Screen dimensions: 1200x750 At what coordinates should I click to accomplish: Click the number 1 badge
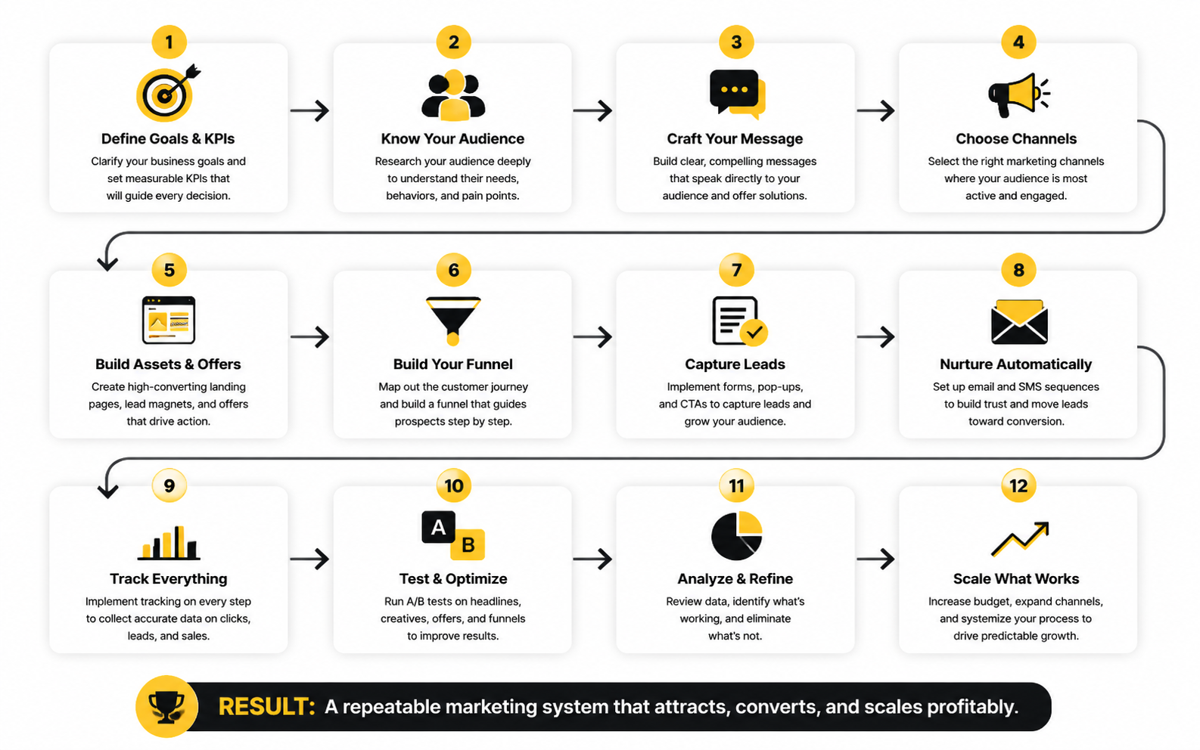(x=169, y=42)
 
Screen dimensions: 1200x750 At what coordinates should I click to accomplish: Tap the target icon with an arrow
(x=167, y=93)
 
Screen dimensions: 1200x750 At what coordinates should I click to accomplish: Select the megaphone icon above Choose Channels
(x=1018, y=95)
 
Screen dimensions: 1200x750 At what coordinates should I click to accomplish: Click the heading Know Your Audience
(x=452, y=138)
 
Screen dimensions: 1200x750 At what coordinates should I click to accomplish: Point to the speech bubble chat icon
(x=737, y=94)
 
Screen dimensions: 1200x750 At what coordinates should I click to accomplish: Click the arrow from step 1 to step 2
(x=309, y=111)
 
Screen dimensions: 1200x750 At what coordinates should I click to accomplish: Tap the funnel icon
(x=453, y=321)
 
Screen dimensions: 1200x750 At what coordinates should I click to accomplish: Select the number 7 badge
(x=736, y=269)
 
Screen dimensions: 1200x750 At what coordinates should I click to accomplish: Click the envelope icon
(x=1019, y=321)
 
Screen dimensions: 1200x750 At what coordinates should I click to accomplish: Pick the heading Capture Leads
(x=735, y=364)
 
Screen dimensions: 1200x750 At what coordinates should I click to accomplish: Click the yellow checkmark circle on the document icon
(x=754, y=333)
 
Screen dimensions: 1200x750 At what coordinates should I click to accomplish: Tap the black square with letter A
(x=438, y=527)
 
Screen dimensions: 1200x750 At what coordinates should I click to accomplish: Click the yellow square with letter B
(x=468, y=544)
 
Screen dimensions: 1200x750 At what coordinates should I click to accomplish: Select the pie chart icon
(x=737, y=535)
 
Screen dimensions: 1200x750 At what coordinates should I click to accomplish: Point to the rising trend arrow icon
(x=1020, y=538)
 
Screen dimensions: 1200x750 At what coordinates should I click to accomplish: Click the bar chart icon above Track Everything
(x=169, y=543)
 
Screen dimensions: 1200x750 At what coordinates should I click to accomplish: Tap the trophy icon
(x=166, y=707)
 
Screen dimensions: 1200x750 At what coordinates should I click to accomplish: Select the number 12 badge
(x=1018, y=485)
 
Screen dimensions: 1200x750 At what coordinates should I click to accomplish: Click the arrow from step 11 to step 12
(x=875, y=559)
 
